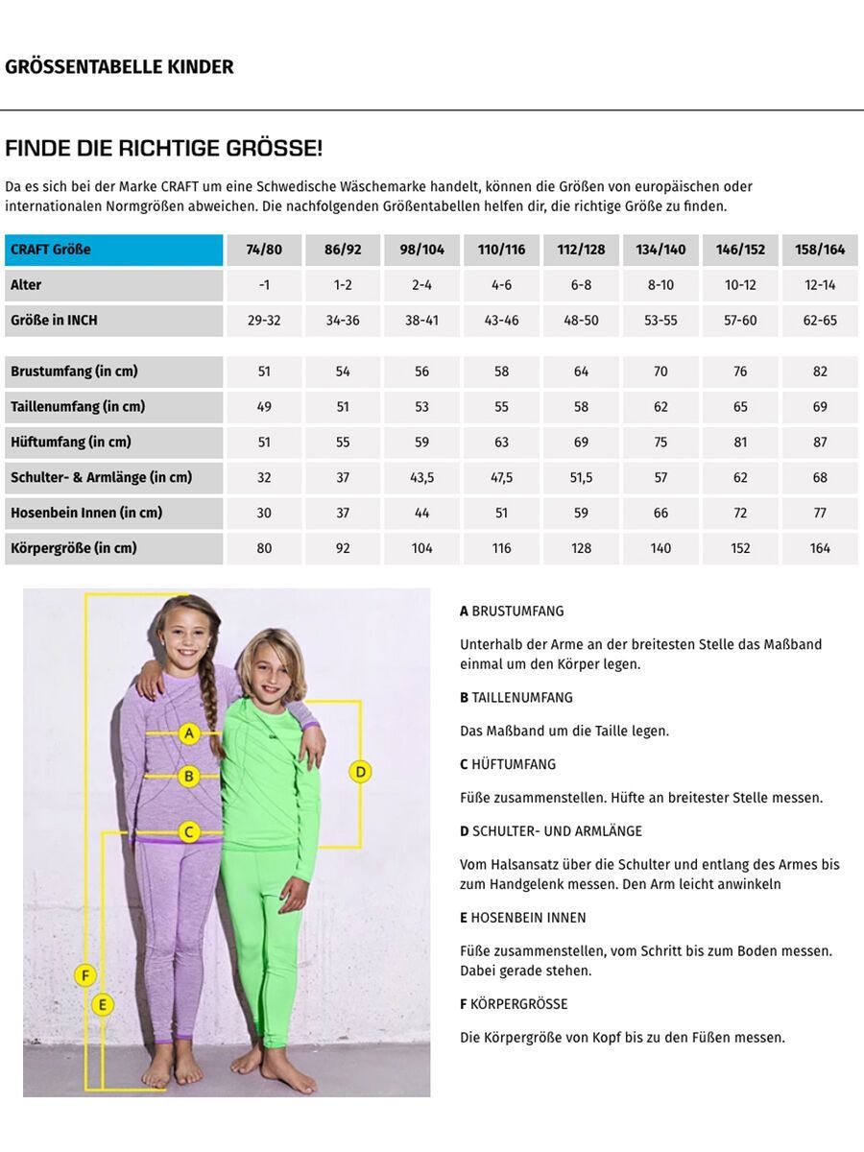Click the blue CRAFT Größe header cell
113,250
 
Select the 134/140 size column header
660,250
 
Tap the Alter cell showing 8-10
660,285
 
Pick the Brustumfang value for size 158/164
820,372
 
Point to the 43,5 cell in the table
422,478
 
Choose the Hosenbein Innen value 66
660,514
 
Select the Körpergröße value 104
422,549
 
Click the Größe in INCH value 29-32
264,321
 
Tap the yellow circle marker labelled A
189,734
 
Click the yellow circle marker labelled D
360,771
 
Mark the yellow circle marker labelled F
85,976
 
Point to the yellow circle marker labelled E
103,1005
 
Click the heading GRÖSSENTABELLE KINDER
119,67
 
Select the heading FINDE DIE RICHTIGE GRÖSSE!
163,149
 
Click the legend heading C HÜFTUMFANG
508,764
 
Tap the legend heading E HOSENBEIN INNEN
523,918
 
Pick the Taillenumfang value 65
740,407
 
